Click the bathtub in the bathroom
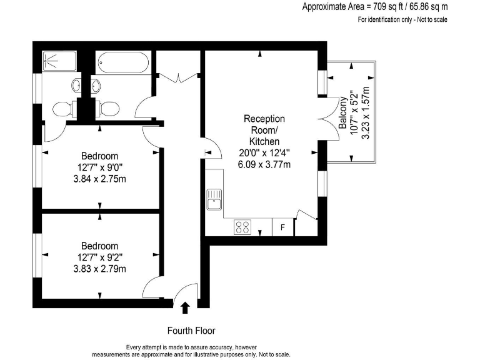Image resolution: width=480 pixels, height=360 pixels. coord(122,63)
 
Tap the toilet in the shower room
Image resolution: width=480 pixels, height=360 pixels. coord(63,108)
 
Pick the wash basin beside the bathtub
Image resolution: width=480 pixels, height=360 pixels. coord(95,86)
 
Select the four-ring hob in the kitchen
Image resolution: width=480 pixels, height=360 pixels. coord(243,227)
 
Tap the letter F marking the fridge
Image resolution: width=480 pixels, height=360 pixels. coord(282,227)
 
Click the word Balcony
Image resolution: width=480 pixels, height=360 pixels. coord(343,112)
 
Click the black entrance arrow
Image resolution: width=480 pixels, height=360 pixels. coord(185,307)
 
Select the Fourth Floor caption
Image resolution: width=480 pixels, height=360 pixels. coord(191,330)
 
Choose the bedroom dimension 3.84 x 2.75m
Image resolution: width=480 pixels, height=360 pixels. coord(100,178)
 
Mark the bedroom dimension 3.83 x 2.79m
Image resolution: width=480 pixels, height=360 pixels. coord(100,269)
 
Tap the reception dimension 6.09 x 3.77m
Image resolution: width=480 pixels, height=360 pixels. coord(264,164)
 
